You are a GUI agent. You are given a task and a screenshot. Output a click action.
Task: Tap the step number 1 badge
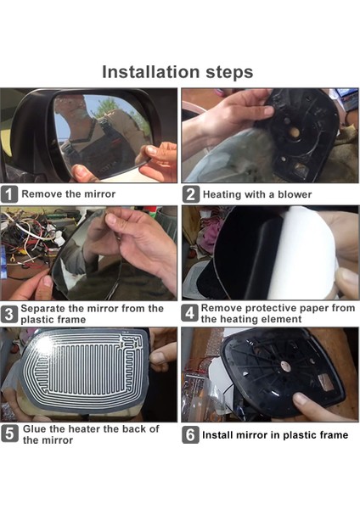9,194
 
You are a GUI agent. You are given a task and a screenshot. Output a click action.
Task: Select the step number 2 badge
191,194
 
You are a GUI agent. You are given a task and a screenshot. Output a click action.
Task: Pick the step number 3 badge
9,314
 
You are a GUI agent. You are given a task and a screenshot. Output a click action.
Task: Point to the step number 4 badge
189,313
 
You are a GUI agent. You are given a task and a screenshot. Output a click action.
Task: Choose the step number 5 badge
9,433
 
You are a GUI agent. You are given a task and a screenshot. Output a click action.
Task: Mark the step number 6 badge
190,435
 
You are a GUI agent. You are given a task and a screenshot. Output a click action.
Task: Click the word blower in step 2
295,194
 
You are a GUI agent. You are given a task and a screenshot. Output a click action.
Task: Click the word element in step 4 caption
282,319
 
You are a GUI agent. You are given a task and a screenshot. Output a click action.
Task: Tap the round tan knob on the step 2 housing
295,131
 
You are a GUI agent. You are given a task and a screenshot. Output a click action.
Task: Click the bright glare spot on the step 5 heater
44,344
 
